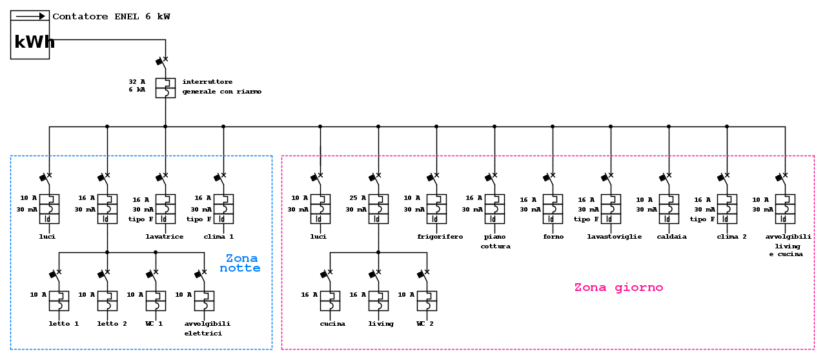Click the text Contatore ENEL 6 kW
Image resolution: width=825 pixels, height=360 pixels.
tap(111, 17)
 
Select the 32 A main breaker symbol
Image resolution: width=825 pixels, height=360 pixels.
tap(165, 88)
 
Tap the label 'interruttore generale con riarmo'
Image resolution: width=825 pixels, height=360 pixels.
tap(221, 86)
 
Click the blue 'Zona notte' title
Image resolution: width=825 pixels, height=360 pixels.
tap(241, 263)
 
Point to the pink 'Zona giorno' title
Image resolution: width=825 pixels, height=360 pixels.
tap(618, 288)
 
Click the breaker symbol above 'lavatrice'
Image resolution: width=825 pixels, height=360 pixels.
tap(165, 209)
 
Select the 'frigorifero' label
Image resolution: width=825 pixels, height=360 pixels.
tap(440, 237)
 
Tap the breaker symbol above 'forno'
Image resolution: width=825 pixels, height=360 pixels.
tap(553, 209)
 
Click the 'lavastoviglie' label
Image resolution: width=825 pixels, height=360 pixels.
tap(614, 237)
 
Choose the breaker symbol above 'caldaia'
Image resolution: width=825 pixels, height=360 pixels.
tap(669, 209)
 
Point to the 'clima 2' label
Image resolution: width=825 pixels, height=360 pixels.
tap(731, 237)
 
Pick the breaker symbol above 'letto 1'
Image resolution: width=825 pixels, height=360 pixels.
tap(59, 301)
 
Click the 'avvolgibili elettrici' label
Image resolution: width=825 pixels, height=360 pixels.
tap(207, 328)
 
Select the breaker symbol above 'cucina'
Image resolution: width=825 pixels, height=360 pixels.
tap(330, 301)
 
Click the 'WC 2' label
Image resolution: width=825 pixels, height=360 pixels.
tap(425, 324)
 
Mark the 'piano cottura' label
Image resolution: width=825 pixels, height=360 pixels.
tap(495, 241)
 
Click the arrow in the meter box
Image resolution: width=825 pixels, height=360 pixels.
tap(30, 16)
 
